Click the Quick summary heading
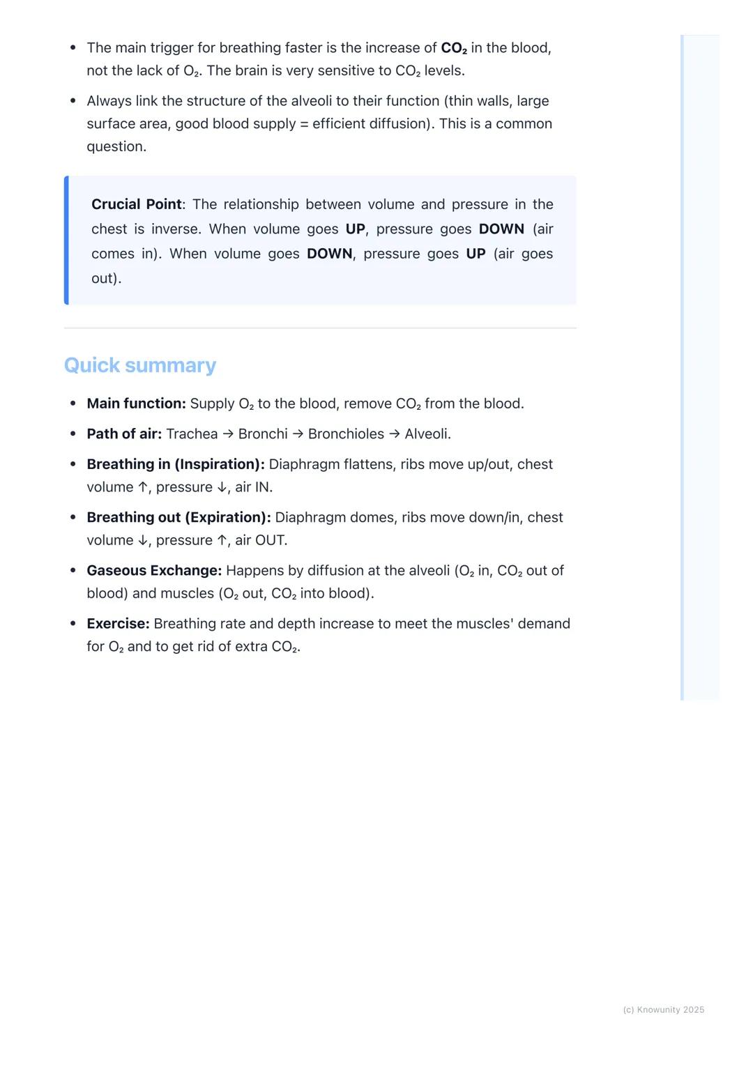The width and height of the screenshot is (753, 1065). pyautogui.click(x=140, y=365)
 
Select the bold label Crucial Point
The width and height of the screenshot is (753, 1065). pyautogui.click(x=137, y=204)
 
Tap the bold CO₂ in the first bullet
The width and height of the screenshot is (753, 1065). pyautogui.click(x=454, y=48)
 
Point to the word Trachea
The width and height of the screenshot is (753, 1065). pyautogui.click(x=192, y=434)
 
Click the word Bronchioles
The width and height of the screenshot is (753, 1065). pyautogui.click(x=346, y=434)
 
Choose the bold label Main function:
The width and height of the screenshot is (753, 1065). pyautogui.click(x=136, y=404)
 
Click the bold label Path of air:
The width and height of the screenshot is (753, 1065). pyautogui.click(x=124, y=434)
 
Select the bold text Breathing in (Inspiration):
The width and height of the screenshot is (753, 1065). pyautogui.click(x=176, y=464)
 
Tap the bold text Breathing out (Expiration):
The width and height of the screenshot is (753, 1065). pyautogui.click(x=178, y=517)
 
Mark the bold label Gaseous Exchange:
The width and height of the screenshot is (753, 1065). pyautogui.click(x=154, y=571)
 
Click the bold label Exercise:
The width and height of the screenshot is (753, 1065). pyautogui.click(x=118, y=624)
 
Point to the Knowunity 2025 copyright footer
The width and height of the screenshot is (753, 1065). pyautogui.click(x=663, y=1010)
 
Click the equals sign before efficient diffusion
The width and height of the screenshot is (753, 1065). pyautogui.click(x=303, y=124)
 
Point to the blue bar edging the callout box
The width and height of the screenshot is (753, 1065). pyautogui.click(x=66, y=240)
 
